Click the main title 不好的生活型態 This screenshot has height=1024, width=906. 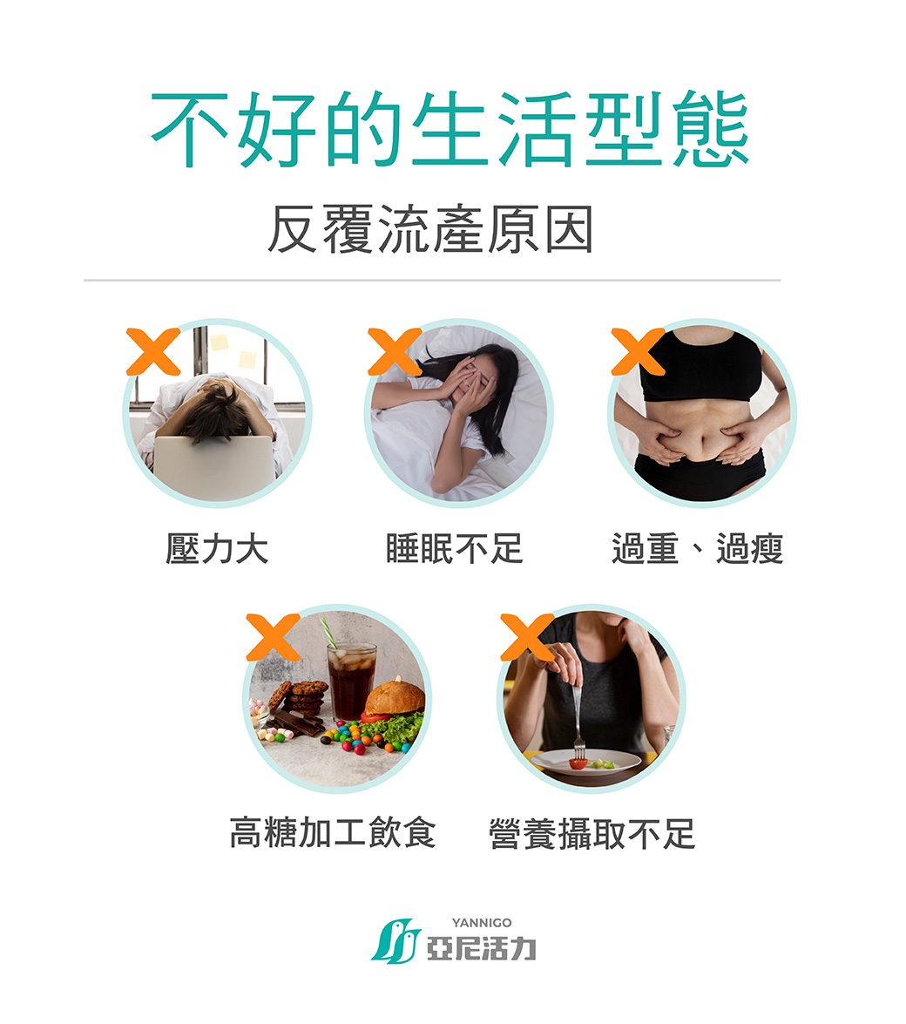[x=450, y=130]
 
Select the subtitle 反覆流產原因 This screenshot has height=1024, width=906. [x=430, y=230]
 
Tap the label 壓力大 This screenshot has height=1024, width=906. [x=217, y=549]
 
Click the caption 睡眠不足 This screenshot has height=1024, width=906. [x=454, y=549]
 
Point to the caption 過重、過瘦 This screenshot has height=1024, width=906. [x=697, y=549]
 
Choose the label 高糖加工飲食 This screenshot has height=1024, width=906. [x=332, y=832]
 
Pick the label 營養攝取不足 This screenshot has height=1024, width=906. [x=592, y=834]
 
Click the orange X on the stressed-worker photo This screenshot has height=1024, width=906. [x=153, y=352]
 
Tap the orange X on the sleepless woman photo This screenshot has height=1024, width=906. [x=395, y=352]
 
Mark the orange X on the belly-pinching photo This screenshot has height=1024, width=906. [x=638, y=352]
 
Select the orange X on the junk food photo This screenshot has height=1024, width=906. [x=273, y=637]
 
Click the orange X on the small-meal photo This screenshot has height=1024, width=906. [x=527, y=637]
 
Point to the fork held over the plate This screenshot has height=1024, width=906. [x=576, y=719]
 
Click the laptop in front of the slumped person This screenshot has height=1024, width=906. [x=213, y=467]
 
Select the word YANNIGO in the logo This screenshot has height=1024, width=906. [x=482, y=922]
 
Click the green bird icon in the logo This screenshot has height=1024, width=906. [x=396, y=942]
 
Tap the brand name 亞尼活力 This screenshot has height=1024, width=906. [x=481, y=947]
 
